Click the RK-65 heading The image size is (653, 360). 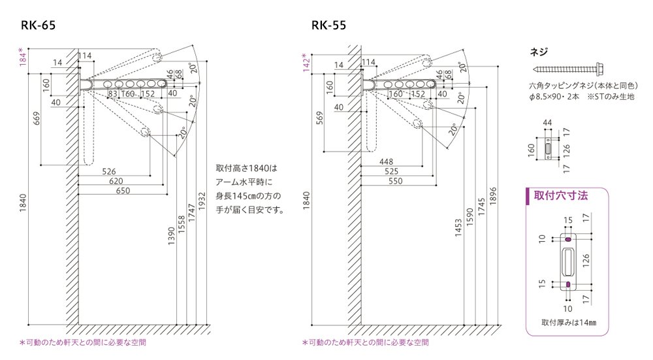(x=38, y=25)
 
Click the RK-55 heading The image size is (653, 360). (x=328, y=25)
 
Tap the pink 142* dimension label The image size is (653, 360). (x=306, y=63)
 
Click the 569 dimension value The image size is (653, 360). (x=319, y=118)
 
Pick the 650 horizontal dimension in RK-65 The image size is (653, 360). (x=123, y=190)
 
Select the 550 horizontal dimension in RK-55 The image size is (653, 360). (x=395, y=181)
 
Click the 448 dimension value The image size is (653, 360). (x=386, y=161)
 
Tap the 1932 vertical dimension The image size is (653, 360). (x=202, y=201)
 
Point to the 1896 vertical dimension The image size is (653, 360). (x=493, y=196)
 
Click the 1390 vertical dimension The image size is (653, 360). (x=171, y=236)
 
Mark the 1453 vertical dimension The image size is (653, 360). (x=458, y=228)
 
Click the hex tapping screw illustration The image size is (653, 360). (x=568, y=69)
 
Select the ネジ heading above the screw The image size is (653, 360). (x=539, y=52)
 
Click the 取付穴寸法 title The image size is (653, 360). (x=561, y=195)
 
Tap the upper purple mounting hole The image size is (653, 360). (x=568, y=239)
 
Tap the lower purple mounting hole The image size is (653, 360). (x=568, y=284)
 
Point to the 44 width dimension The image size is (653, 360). (x=547, y=122)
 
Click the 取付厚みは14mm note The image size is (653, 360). (x=569, y=322)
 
